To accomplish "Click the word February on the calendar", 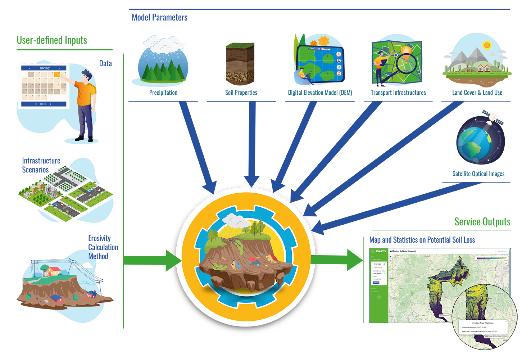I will pos(45,68).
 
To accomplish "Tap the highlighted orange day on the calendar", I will pos(57,74).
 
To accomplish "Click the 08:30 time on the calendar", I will pos(43,104).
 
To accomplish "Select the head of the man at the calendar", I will pos(86,76).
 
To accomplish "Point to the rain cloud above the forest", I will pos(162,45).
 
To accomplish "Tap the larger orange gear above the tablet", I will pos(323,40).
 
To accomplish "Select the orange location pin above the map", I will pos(407,50).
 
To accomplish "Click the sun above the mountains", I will pos(487,45).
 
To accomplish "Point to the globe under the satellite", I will pos(474,144).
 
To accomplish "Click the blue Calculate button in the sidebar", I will pos(376,283).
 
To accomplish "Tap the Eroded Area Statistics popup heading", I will pos(483,323).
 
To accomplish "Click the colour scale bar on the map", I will pos(491,258).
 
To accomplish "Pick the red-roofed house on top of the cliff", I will pos(53,271).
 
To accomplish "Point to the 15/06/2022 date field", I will pos(378,264).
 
